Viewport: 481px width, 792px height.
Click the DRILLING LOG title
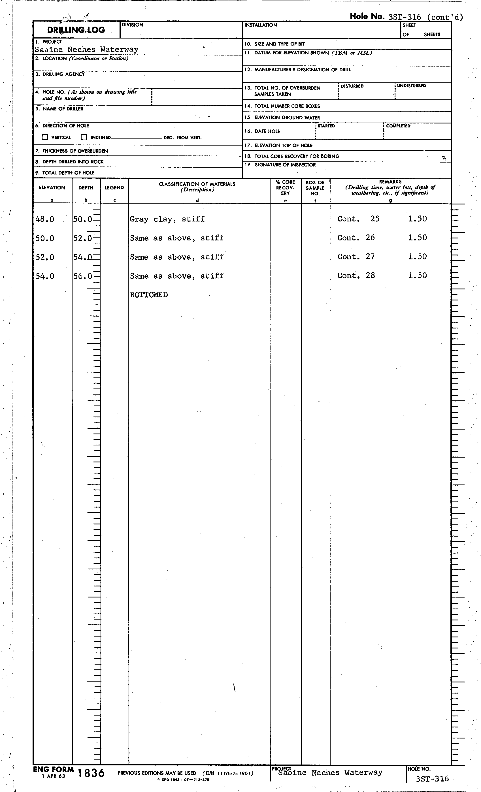[x=76, y=30]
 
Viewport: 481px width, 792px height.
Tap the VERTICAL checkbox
[x=45, y=137]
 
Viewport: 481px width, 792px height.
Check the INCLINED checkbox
[x=84, y=137]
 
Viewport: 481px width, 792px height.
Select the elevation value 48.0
[x=45, y=219]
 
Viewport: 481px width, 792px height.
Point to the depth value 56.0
[x=83, y=276]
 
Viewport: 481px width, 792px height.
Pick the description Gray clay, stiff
[x=167, y=219]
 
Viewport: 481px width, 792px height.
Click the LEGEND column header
[x=114, y=188]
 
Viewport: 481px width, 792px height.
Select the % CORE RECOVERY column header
[x=285, y=188]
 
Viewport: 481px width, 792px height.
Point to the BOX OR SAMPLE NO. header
[x=315, y=188]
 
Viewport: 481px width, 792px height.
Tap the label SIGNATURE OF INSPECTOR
[x=285, y=165]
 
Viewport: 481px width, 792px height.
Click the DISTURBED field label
[x=352, y=86]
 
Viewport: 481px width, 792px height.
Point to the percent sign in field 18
[x=444, y=158]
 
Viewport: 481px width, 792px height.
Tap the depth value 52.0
[x=83, y=238]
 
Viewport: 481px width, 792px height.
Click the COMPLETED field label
[x=398, y=126]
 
